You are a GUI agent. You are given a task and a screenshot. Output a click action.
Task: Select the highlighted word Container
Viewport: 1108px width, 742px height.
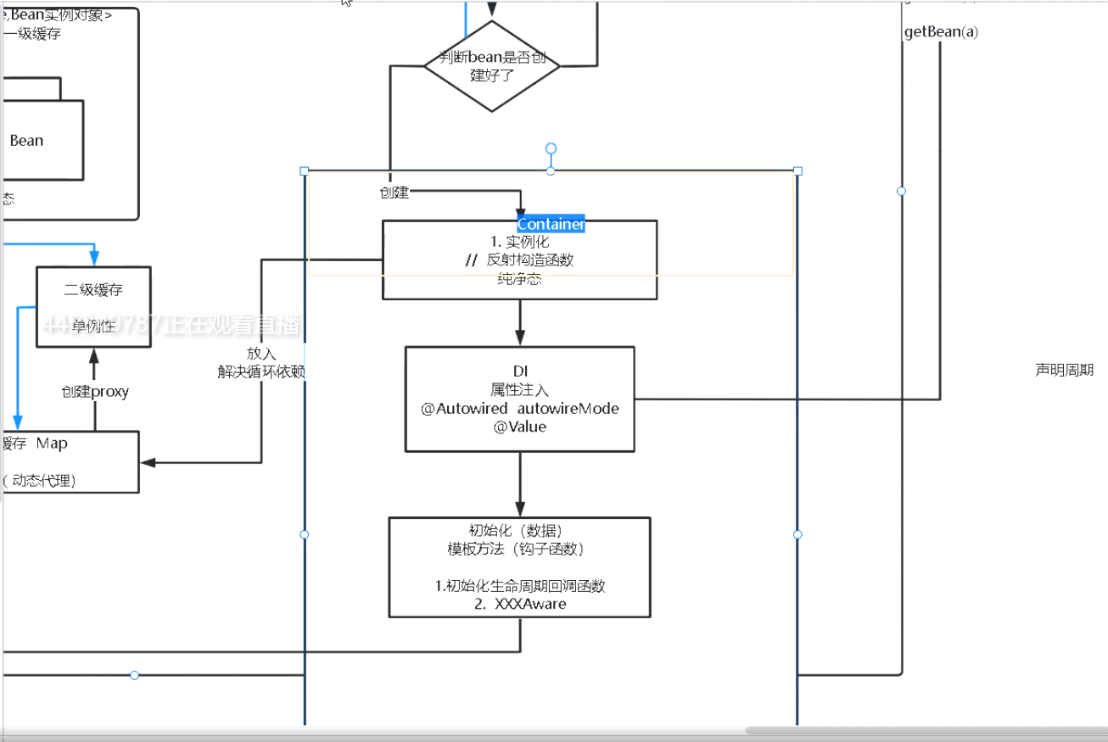[x=551, y=225]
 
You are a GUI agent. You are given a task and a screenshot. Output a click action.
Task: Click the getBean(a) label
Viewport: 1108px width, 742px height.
[x=941, y=32]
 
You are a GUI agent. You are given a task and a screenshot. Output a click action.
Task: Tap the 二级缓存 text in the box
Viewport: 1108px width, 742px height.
[x=93, y=290]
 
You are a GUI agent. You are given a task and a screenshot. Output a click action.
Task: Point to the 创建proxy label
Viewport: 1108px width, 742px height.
[x=94, y=392]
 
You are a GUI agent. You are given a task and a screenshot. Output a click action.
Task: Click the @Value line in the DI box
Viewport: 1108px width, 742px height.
[x=520, y=427]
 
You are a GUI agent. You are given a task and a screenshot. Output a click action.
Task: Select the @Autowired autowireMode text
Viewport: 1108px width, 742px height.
[x=520, y=409]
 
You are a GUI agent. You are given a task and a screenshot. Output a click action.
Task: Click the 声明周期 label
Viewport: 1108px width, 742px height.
[x=1064, y=370]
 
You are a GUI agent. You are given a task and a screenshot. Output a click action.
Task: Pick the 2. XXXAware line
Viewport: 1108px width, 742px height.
[x=520, y=604]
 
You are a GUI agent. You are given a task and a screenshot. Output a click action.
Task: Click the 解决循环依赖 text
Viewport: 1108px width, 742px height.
[x=261, y=371]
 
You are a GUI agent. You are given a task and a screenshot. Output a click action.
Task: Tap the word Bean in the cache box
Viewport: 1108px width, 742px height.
[x=26, y=141]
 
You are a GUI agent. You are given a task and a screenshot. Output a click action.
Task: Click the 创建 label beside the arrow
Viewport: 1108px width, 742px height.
[x=395, y=193]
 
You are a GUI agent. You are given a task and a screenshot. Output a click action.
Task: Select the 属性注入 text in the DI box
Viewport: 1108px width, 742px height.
[x=520, y=390]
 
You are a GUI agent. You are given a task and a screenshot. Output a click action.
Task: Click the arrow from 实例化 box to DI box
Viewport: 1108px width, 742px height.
[x=520, y=323]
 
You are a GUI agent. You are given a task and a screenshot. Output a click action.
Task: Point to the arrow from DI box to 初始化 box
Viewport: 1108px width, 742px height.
[x=520, y=484]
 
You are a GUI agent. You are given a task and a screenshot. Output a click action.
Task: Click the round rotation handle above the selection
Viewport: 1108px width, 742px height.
[x=551, y=149]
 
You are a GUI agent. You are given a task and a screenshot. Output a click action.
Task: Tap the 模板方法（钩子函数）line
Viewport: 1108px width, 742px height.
[x=520, y=549]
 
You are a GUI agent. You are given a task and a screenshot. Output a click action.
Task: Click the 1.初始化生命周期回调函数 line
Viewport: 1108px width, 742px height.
[x=520, y=586]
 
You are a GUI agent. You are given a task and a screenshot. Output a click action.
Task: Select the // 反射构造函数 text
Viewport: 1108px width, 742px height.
[x=520, y=260]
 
